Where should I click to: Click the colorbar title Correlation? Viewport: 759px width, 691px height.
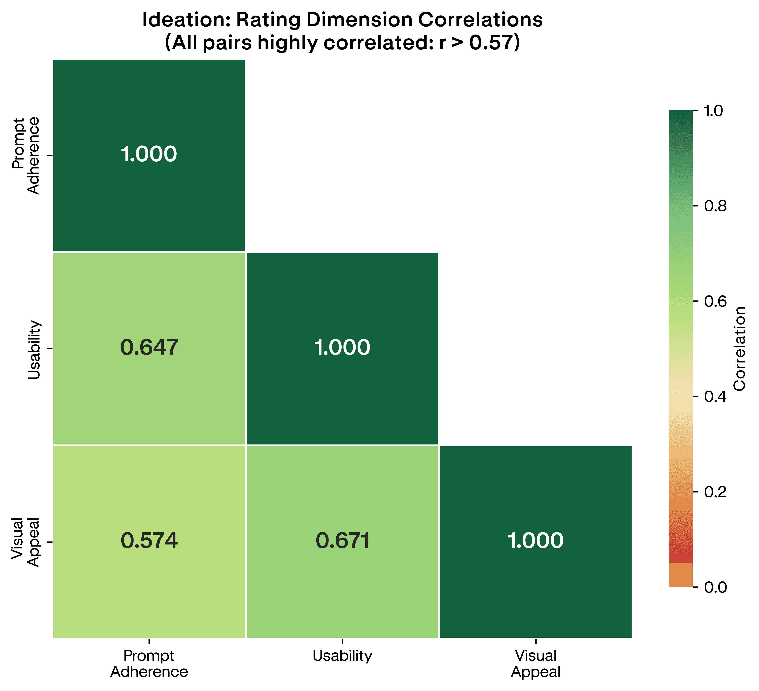point(740,348)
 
